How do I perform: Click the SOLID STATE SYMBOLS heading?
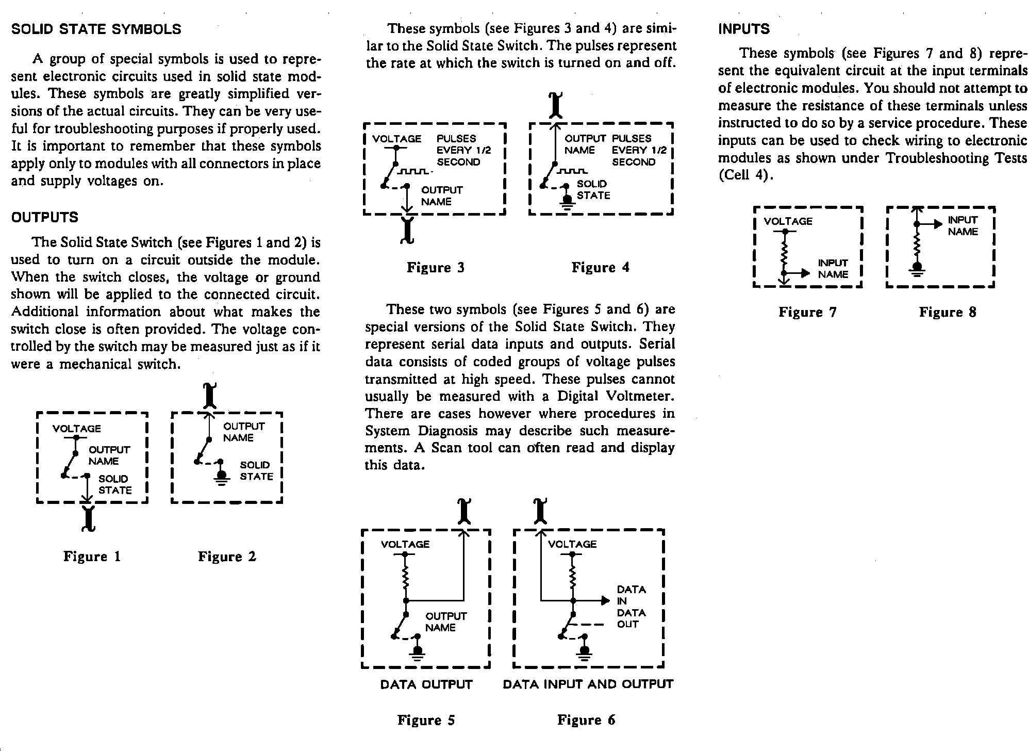coord(96,29)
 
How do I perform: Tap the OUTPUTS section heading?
coord(45,217)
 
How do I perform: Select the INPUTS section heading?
coord(744,29)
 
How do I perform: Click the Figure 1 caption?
coord(92,556)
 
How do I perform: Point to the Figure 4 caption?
coord(600,267)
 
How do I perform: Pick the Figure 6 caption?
coord(586,720)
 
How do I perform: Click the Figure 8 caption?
coord(948,312)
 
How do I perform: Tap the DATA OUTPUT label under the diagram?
coord(426,684)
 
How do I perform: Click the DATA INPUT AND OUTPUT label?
coord(588,684)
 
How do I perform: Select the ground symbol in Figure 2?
coord(222,478)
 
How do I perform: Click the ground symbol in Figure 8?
coord(916,270)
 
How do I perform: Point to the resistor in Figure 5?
coord(406,578)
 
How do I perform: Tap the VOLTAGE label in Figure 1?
coord(77,429)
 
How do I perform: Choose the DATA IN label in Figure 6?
coord(631,595)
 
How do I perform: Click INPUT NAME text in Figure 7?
coord(833,269)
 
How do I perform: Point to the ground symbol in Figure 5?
coord(418,653)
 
